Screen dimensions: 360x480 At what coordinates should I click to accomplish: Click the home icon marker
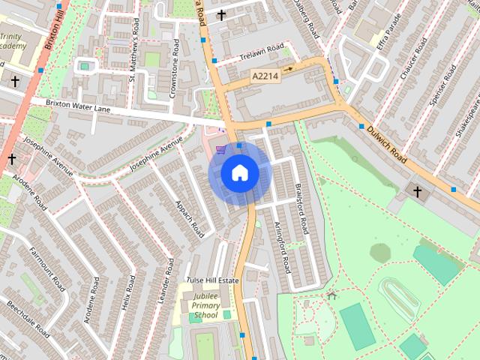[x=239, y=173]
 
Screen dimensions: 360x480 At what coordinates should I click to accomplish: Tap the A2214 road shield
[x=265, y=76]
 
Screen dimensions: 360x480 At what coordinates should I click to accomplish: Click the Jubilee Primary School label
[x=205, y=305]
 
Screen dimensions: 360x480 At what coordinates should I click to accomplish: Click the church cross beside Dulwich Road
[x=418, y=192]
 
